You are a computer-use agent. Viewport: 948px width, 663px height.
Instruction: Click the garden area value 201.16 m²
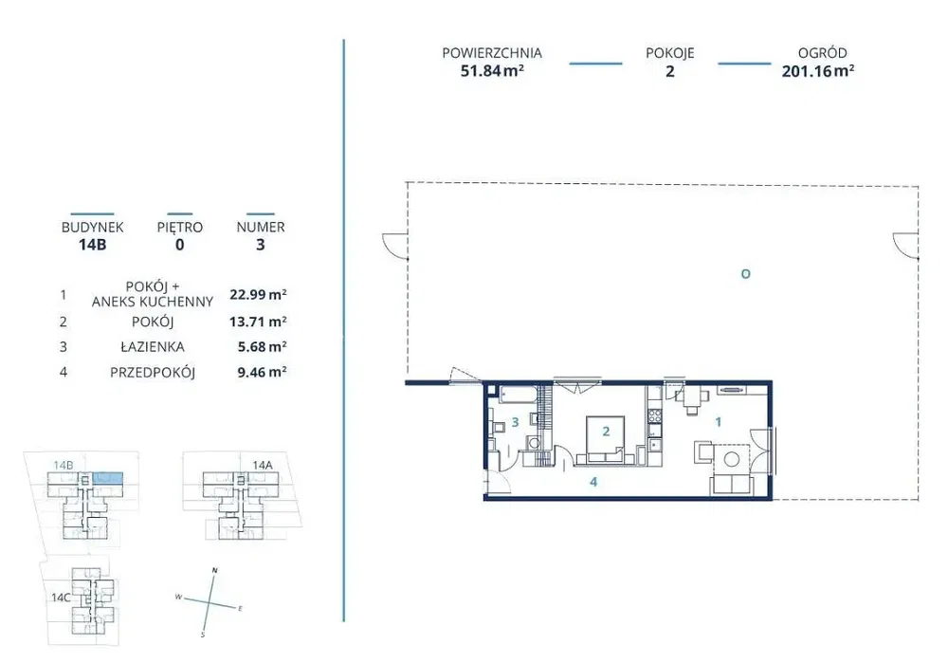click(x=817, y=71)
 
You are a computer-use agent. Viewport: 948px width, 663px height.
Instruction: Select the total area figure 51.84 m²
click(x=492, y=71)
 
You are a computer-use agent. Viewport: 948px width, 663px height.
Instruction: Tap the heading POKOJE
click(x=670, y=53)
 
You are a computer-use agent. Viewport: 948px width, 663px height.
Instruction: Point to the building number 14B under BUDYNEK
click(x=93, y=245)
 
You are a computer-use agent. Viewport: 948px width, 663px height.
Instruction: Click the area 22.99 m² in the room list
click(x=258, y=295)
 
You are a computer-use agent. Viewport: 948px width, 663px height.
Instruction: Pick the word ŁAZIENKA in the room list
click(x=153, y=347)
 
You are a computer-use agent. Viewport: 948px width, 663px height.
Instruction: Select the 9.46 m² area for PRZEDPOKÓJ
click(x=262, y=372)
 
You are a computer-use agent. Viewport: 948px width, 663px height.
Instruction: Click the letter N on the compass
click(x=214, y=570)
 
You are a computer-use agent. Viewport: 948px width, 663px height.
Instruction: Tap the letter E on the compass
click(x=240, y=609)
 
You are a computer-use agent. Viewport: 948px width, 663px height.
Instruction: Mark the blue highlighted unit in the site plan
click(x=108, y=478)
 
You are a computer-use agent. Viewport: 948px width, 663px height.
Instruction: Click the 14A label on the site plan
click(x=263, y=465)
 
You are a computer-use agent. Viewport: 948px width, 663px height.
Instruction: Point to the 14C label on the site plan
click(x=61, y=598)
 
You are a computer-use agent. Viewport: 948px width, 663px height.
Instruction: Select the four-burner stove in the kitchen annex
click(x=654, y=415)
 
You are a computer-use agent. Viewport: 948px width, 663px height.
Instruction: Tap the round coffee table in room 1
click(x=732, y=459)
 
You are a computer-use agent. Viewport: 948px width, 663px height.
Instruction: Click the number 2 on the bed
click(x=606, y=432)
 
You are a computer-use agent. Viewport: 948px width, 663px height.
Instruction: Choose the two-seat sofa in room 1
click(x=730, y=485)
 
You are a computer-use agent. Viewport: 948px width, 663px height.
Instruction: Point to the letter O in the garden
click(x=745, y=274)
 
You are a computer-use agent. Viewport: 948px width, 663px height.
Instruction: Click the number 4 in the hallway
click(x=593, y=482)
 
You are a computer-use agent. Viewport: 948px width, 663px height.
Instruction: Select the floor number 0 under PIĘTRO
click(x=179, y=245)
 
